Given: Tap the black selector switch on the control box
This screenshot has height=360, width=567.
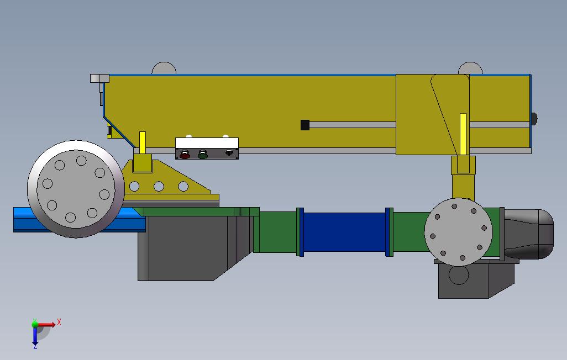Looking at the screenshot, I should (229, 154).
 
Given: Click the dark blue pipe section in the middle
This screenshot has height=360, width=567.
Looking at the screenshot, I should (344, 232).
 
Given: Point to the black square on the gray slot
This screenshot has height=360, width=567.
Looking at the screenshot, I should (305, 125).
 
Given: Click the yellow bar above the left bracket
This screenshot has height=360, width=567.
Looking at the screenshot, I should (143, 142).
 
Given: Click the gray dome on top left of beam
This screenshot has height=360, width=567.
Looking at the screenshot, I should (164, 69).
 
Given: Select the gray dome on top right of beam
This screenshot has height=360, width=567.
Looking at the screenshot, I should (470, 68).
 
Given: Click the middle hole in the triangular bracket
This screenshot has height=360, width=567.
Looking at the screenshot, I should (159, 187).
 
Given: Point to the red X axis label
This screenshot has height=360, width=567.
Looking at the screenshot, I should (59, 322).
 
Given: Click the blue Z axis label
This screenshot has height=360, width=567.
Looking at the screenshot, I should (35, 346).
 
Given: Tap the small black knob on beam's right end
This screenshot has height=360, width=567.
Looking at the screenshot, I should (534, 119).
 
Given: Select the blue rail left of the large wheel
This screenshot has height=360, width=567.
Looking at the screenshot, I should (22, 219).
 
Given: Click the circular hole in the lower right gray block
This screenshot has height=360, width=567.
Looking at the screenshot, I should (458, 274).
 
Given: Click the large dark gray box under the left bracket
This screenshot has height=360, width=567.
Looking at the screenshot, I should (182, 248).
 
